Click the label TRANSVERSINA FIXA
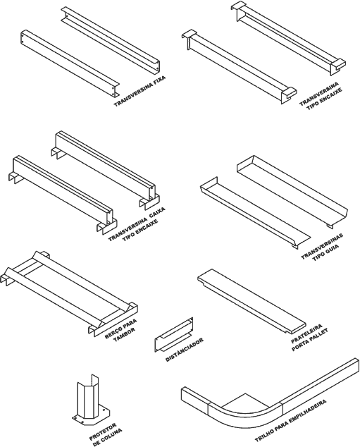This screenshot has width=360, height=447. [139, 91]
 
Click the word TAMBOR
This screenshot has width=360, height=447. [124, 334]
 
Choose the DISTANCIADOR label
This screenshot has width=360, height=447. [185, 350]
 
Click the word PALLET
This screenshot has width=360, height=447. [318, 334]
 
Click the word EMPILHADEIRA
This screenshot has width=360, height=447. [306, 411]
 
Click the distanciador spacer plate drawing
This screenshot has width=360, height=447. [174, 334]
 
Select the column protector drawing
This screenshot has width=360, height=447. [91, 399]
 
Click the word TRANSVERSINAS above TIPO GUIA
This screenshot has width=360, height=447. [322, 246]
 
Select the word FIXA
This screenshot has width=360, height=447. [159, 81]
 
